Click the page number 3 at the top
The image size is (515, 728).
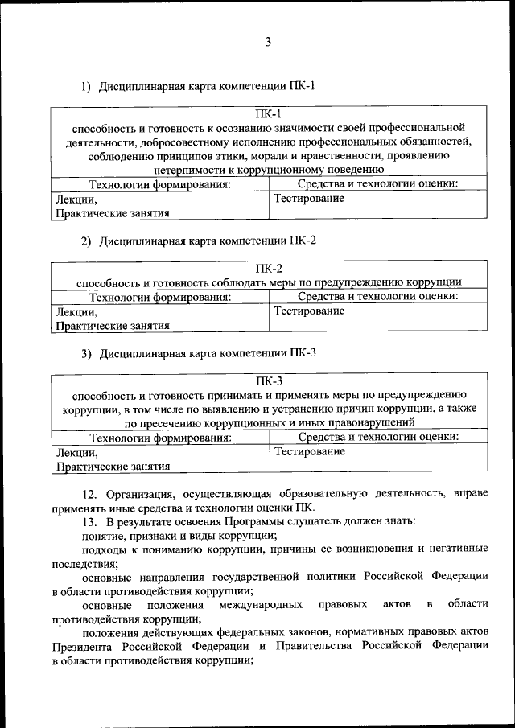point(268,42)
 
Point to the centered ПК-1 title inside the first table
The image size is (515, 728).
point(268,114)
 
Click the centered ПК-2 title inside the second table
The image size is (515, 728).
point(269,269)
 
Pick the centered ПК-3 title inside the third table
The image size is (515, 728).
point(269,381)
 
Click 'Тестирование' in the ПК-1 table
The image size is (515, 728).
point(310,198)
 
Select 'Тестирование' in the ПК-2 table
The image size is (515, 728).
point(310,311)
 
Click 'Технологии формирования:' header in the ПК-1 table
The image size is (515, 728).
point(160,184)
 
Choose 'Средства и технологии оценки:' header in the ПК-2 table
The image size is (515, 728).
point(378,297)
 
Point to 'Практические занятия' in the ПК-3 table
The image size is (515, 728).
point(113,466)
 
